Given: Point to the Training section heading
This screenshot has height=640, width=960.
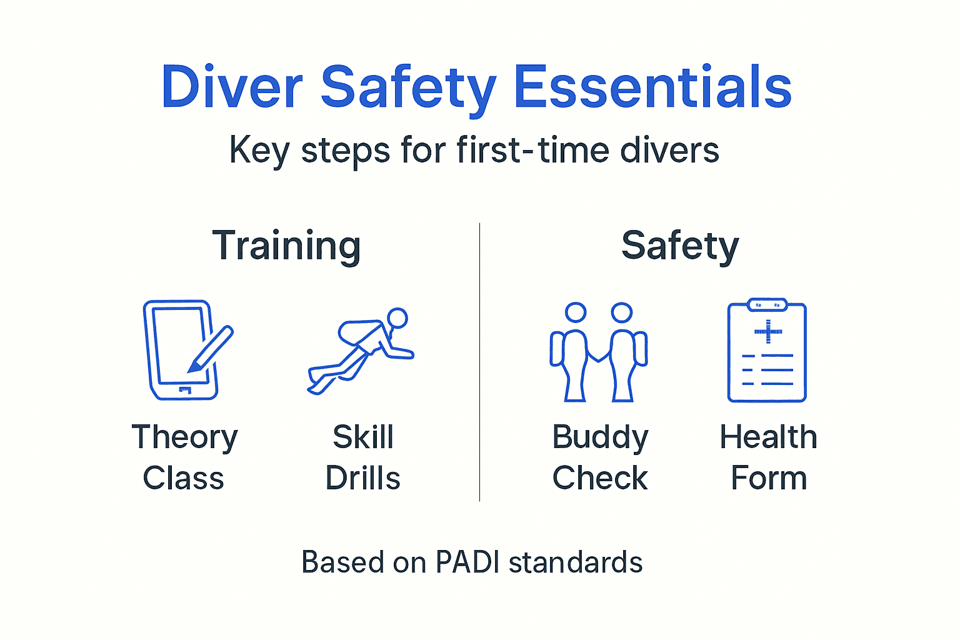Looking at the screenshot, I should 286,246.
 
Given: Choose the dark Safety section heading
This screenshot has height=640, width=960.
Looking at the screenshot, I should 680,246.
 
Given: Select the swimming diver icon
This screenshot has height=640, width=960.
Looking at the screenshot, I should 361,350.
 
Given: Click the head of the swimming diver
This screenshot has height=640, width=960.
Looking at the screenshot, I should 397,318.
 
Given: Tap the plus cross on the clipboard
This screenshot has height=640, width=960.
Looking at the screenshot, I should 768,331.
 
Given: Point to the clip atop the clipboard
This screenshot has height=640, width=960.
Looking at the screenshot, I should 767,305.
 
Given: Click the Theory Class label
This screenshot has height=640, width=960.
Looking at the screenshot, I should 184,457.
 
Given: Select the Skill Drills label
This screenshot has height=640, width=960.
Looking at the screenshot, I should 363,457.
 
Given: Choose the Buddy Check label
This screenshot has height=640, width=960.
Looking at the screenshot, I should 600,457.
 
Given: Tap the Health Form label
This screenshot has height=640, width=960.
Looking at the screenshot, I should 768,457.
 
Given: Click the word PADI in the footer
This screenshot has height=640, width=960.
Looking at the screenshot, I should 468,562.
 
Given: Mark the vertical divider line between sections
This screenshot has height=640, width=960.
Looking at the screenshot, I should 479,362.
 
